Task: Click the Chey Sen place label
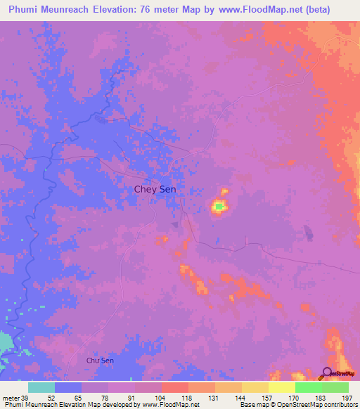pos(155,189)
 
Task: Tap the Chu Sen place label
pos(100,361)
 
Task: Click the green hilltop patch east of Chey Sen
pos(219,206)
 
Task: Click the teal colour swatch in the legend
pos(41,387)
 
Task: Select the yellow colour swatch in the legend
pos(281,387)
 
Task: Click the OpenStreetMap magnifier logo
pos(328,372)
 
